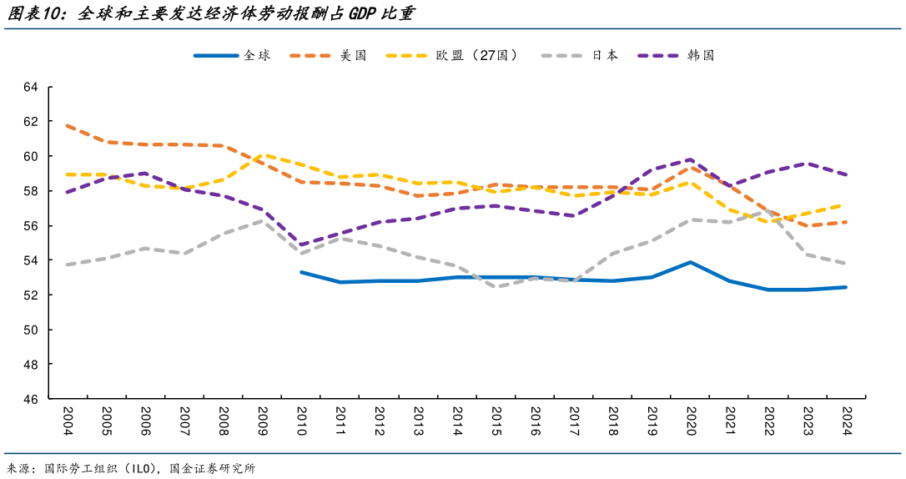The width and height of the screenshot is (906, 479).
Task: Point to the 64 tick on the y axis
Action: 32,87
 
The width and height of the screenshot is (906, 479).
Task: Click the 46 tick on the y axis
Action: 32,400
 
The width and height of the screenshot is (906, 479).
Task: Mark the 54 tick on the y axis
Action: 32,260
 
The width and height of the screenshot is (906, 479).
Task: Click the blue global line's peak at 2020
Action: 691,262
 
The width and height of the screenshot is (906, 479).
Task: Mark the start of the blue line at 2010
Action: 301,272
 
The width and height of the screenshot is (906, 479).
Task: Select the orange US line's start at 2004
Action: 67,125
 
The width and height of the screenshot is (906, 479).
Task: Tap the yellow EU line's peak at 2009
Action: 262,154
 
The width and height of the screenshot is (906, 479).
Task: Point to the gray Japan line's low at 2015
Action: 496,287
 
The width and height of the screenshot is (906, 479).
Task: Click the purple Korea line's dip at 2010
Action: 301,245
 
